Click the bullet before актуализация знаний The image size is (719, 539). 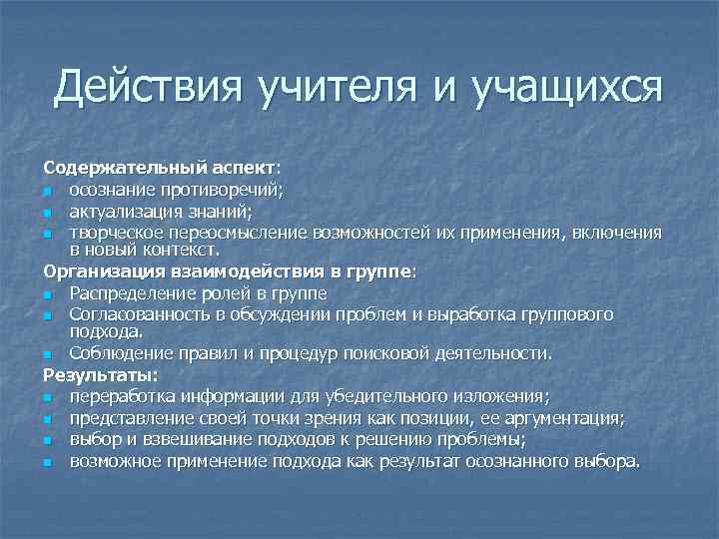48,211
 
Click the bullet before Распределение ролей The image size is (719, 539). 48,294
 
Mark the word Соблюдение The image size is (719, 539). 118,353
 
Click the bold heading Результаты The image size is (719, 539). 100,374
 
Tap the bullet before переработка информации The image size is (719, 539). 48,397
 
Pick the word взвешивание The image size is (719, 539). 189,439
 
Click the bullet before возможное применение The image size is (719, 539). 48,462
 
